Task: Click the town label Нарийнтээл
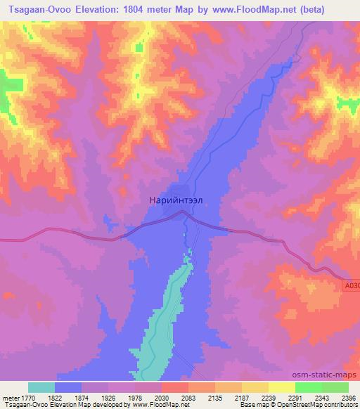tap(176, 200)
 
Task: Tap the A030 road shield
tap(352, 286)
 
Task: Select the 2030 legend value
tap(161, 397)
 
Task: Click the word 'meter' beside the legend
tap(11, 397)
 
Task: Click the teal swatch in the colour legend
tap(41, 387)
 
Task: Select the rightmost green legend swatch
tap(335, 387)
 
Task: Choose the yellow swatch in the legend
tap(281, 387)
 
